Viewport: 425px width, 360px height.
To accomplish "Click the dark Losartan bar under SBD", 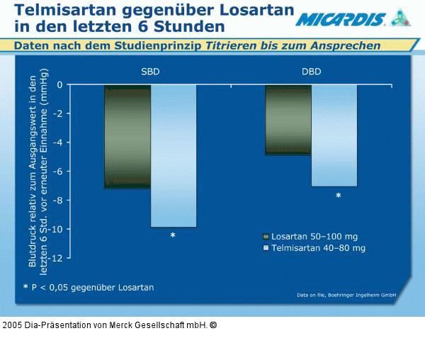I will pyautogui.click(x=127, y=137).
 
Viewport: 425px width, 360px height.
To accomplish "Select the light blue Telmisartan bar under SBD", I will pyautogui.click(x=174, y=156).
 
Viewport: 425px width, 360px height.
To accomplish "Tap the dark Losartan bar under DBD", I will pyautogui.click(x=288, y=120).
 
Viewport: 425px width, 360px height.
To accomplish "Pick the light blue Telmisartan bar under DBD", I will pyautogui.click(x=334, y=135).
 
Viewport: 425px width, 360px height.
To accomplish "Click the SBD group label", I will pyautogui.click(x=150, y=72).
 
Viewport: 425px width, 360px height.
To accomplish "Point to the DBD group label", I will pyautogui.click(x=311, y=72).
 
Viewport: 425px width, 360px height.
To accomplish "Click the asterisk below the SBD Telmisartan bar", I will pyautogui.click(x=173, y=236).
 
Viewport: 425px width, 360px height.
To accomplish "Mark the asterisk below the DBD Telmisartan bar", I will pyautogui.click(x=338, y=196).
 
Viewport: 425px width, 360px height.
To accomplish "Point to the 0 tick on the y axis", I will pyautogui.click(x=59, y=85).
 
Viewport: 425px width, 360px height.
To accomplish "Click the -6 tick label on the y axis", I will pyautogui.click(x=57, y=171).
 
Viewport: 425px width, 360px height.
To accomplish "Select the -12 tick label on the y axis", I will pyautogui.click(x=55, y=258).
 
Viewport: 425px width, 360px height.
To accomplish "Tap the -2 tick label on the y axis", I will pyautogui.click(x=57, y=114).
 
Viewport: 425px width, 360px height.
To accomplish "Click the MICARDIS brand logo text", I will pyautogui.click(x=340, y=19).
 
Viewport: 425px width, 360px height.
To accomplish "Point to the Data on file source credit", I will pyautogui.click(x=346, y=295).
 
